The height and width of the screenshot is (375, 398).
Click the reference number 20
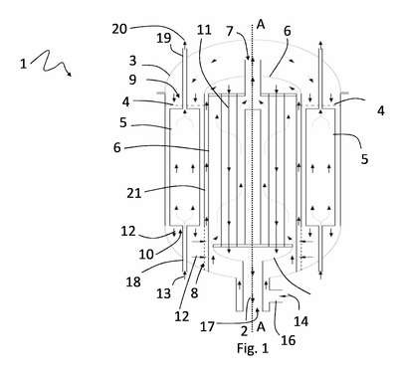coord(119,29)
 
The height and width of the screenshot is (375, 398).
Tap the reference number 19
coord(164,38)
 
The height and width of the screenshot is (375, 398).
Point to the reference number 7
coord(230,31)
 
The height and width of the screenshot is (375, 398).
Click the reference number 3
coord(132,61)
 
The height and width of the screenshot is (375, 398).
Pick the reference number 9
coord(132,80)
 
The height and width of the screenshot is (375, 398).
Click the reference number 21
coord(134,193)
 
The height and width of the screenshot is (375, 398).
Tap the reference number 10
coord(146,255)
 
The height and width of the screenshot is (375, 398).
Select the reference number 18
coord(133,281)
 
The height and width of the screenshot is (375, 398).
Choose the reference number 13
coord(164,293)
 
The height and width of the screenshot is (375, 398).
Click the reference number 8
coord(194,292)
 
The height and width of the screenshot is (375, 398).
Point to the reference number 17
coord(208,327)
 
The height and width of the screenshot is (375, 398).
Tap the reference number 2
coord(245,331)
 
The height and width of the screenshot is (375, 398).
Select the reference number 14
coord(301,321)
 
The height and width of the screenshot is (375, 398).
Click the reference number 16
coord(288,340)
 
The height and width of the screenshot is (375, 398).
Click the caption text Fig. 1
coord(253,348)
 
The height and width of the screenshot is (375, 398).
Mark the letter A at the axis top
coord(261,24)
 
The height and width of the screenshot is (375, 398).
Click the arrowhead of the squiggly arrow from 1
coord(70,75)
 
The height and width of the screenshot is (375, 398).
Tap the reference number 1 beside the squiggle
coord(23,64)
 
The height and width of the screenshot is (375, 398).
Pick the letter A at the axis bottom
coord(261,326)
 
